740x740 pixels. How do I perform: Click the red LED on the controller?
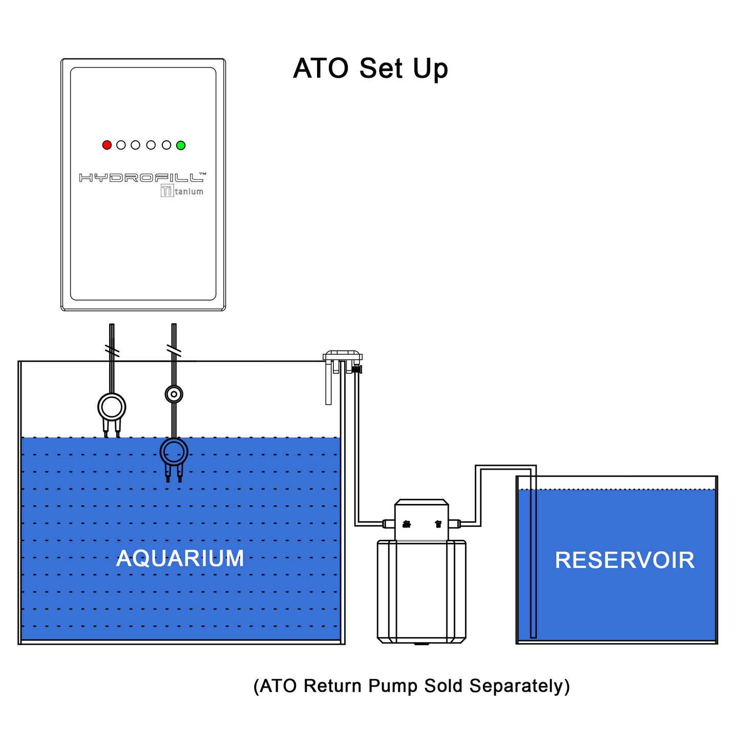pos(107,145)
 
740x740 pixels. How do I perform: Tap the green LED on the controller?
pos(181,145)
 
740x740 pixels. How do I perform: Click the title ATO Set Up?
pos(370,69)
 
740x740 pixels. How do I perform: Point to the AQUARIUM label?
pos(180,558)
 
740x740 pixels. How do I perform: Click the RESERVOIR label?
pos(625,560)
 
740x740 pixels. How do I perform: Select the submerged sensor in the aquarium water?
pos(174,453)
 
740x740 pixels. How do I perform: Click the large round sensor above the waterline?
pos(112,408)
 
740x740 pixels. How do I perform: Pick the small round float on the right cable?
pos(174,394)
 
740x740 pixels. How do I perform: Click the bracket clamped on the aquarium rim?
pos(342,357)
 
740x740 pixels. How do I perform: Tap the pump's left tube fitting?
pos(388,524)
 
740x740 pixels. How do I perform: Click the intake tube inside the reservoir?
pos(533,563)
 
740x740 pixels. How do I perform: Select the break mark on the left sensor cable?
pos(112,351)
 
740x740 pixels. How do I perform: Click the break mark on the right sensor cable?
pos(174,351)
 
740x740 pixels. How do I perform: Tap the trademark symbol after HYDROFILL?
pos(202,174)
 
